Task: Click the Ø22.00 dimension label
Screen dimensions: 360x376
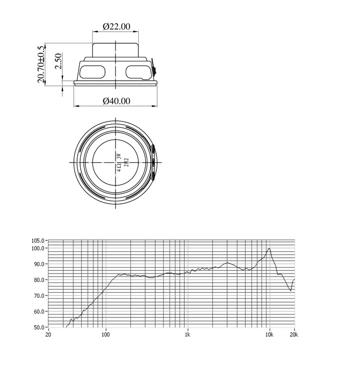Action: click(117, 26)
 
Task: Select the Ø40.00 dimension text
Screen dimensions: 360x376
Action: click(117, 101)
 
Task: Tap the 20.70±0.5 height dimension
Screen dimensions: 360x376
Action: click(41, 64)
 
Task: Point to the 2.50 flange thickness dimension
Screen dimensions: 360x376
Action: click(58, 61)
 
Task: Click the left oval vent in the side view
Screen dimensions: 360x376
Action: click(92, 72)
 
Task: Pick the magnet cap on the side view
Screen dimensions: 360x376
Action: click(116, 50)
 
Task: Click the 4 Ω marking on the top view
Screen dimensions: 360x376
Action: click(119, 167)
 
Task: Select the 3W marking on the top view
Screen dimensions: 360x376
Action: click(119, 157)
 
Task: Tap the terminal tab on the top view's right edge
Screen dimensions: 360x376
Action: click(153, 162)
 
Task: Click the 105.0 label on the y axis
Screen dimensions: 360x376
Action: click(38, 240)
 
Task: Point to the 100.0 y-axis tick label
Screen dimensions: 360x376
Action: click(38, 248)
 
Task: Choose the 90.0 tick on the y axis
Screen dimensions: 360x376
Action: click(39, 264)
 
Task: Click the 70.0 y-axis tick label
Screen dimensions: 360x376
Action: click(39, 296)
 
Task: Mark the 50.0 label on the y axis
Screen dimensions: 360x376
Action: click(39, 327)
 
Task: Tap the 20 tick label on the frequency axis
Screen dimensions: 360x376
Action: click(48, 334)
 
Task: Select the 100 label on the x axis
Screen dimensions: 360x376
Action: click(106, 334)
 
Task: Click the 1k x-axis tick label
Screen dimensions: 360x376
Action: click(188, 334)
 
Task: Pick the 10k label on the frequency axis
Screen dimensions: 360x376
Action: click(269, 334)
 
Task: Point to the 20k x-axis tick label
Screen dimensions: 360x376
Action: click(294, 334)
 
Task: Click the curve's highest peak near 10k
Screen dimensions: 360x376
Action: click(269, 248)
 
